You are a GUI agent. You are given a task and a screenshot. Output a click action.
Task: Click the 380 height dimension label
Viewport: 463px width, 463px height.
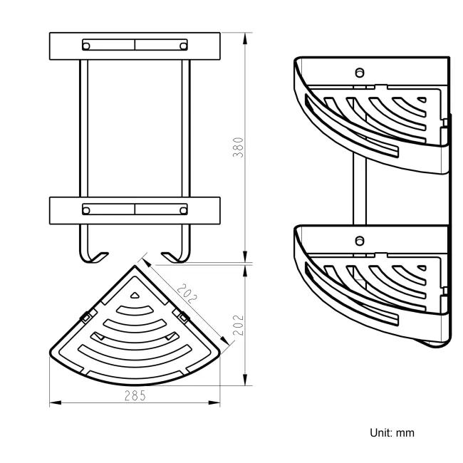239,147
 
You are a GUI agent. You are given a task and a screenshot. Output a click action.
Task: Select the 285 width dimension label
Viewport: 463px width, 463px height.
135,396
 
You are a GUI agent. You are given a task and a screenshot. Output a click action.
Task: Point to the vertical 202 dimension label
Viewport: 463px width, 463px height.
239,326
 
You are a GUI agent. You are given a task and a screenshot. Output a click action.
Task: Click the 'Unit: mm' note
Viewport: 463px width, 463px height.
391,432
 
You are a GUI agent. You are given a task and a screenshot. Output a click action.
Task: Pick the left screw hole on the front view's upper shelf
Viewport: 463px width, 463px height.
87,46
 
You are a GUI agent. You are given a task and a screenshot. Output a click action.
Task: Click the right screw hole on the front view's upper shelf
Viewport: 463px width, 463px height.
184,46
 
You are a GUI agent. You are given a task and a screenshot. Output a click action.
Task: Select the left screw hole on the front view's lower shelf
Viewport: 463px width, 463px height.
87,210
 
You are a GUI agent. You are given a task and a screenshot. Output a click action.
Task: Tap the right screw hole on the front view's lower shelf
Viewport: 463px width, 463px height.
184,210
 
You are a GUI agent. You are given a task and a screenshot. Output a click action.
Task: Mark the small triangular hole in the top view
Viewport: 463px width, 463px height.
135,294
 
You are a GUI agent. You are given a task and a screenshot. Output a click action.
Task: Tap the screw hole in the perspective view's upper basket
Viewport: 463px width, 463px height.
360,72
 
